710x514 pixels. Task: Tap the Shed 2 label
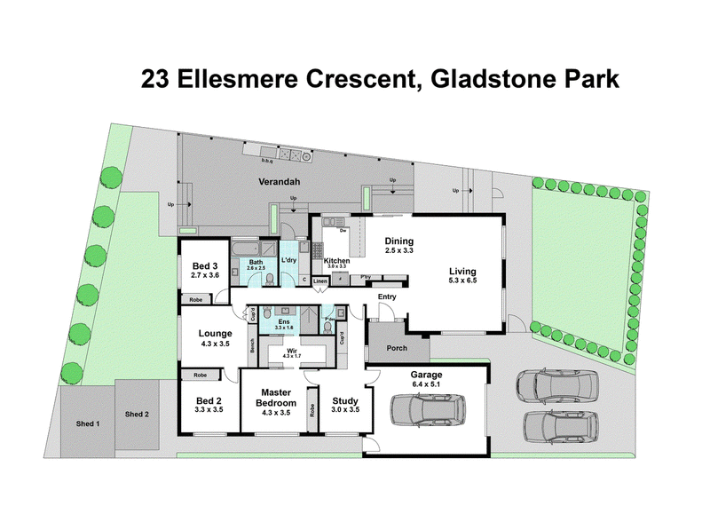[137, 415]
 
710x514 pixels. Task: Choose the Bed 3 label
[204, 265]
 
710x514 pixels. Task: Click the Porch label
[396, 348]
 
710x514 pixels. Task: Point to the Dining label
[399, 241]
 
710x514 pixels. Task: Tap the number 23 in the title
[158, 80]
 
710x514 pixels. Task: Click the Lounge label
[216, 334]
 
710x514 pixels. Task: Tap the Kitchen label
[337, 260]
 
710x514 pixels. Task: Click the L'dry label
[288, 260]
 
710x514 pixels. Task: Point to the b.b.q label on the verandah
[265, 162]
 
